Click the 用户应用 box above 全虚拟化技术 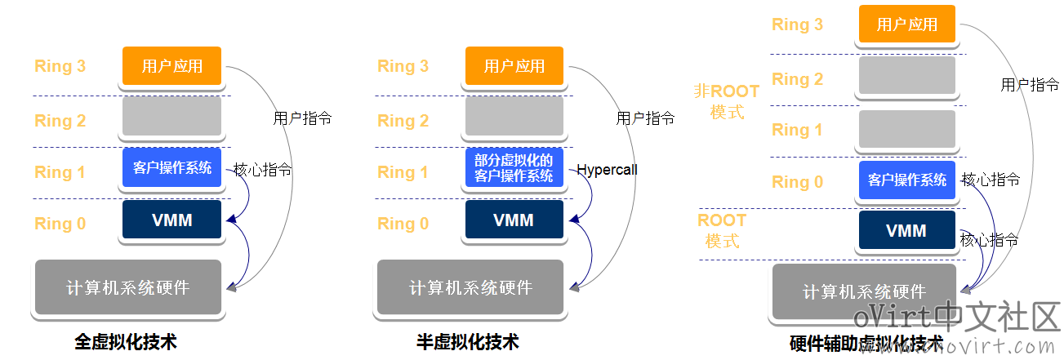click(172, 65)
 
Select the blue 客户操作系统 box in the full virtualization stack click(172, 167)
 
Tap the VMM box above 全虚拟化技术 click(172, 219)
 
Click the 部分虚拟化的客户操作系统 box click(514, 167)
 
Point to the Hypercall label click(607, 170)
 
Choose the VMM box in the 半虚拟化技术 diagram click(514, 219)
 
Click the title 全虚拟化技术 click(126, 341)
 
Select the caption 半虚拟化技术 click(468, 341)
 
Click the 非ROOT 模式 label click(727, 101)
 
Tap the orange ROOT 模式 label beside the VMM click(722, 230)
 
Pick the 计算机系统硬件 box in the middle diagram click(470, 287)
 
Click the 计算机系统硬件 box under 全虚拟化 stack click(128, 287)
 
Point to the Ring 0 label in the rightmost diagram click(798, 181)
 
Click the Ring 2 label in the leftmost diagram click(60, 121)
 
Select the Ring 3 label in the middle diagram click(403, 65)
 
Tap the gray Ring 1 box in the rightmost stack click(907, 129)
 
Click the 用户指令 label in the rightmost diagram click(1030, 85)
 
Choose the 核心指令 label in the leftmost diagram click(262, 170)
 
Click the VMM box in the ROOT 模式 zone click(907, 230)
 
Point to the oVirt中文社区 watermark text click(957, 316)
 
